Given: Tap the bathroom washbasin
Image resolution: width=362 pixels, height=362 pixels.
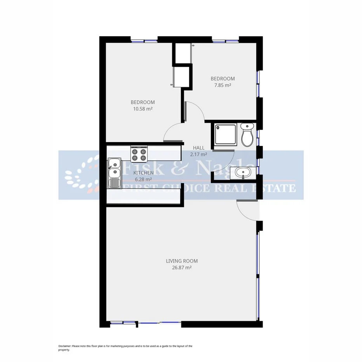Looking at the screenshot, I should (x=243, y=172).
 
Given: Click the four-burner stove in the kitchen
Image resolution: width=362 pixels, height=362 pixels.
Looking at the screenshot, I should (x=139, y=155).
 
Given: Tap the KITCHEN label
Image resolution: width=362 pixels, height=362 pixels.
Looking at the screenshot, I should (x=143, y=173).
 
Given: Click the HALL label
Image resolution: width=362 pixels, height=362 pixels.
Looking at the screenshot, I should (x=198, y=148).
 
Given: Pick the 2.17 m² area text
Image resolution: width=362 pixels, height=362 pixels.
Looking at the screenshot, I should (x=198, y=154).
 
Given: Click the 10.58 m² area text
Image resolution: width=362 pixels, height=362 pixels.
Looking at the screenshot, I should (x=143, y=109).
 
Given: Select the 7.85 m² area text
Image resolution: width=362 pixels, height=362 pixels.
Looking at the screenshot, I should (x=223, y=85).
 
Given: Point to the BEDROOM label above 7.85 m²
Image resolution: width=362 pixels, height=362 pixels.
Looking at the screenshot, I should (x=223, y=78).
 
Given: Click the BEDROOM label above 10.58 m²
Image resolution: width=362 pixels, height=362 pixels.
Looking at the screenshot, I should (x=143, y=102).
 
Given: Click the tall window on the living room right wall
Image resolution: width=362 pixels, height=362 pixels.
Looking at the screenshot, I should (x=258, y=275).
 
